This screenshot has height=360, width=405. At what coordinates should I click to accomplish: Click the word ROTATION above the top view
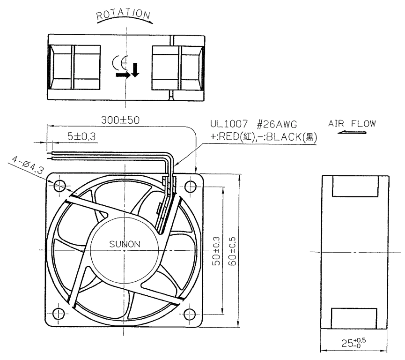pos(123,14)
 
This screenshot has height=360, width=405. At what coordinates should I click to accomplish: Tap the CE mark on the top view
pos(120,63)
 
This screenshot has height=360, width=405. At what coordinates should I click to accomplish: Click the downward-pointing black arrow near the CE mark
pos(135,70)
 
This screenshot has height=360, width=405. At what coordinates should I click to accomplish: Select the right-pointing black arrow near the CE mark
pos(123,75)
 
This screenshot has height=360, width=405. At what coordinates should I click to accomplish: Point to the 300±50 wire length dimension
pos(120,120)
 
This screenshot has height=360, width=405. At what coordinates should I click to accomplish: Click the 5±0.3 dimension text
pos(81,136)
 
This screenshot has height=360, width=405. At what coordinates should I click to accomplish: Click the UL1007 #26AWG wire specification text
pos(253,124)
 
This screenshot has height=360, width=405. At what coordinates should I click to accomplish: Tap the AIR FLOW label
pos(352,123)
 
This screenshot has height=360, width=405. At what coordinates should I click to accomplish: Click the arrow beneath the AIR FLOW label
pos(352,132)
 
